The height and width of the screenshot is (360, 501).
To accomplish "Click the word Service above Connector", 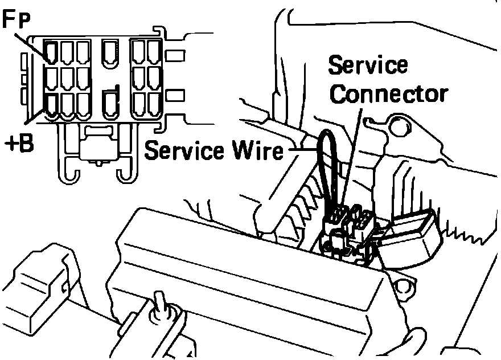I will point(368,66).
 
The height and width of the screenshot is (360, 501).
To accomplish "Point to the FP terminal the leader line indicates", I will point(51,53).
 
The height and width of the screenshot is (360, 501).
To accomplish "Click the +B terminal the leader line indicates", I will point(51,105).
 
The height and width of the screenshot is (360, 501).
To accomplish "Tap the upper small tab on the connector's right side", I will point(176,56).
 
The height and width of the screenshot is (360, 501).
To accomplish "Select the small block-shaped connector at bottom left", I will point(40,285).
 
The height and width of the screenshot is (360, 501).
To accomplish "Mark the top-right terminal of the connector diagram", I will point(153,52).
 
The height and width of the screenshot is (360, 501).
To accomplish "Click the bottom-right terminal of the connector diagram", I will point(153,104).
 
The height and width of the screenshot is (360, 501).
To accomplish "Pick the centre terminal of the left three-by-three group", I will point(67,78).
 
